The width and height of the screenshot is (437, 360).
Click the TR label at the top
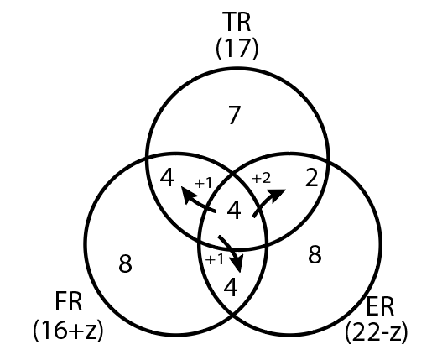[x=237, y=22]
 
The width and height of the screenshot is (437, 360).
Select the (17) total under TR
[x=237, y=49]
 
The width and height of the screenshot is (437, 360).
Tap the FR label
[x=69, y=301]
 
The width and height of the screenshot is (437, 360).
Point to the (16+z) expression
[x=68, y=330]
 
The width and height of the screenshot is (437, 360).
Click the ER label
[x=380, y=306]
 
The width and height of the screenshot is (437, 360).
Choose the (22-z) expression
[x=377, y=333]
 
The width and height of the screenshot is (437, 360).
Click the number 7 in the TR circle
[x=234, y=115]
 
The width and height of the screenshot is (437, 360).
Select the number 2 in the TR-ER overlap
[x=312, y=177]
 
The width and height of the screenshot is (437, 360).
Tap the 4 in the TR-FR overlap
[x=167, y=177]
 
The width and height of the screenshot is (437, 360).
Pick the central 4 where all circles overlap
[x=234, y=211]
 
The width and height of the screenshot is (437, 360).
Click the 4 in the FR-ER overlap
[x=231, y=287]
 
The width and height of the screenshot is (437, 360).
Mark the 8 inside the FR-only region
[x=125, y=263]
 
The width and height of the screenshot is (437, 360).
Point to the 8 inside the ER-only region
[x=315, y=254]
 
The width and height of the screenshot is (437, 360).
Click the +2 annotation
[x=261, y=178]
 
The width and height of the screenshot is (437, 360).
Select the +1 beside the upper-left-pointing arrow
[x=203, y=183]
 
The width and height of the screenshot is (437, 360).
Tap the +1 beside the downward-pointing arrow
[x=215, y=259]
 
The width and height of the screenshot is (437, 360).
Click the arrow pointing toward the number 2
[x=266, y=201]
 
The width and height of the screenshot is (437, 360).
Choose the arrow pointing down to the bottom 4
[x=233, y=251]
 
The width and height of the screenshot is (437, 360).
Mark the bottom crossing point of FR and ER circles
[x=233, y=315]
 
